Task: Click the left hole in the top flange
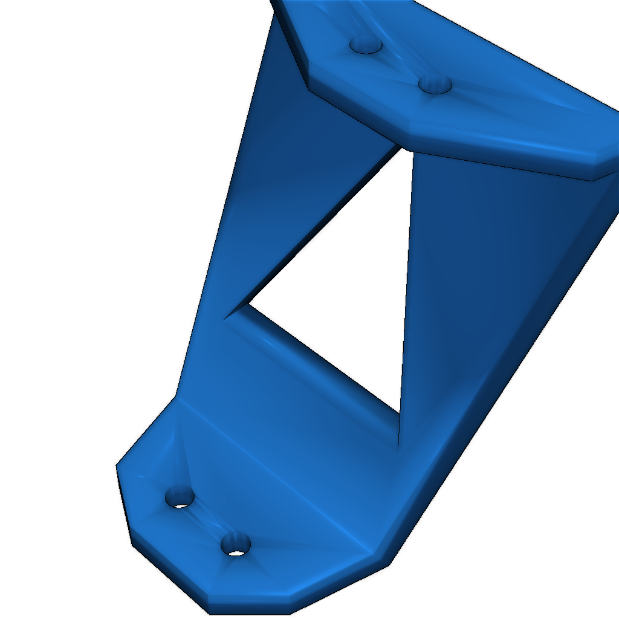[366, 45]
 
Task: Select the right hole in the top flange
[435, 83]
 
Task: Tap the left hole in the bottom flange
[180, 497]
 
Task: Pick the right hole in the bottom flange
[235, 545]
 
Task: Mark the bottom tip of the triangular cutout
[398, 450]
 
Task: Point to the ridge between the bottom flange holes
[207, 521]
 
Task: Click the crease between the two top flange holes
[400, 64]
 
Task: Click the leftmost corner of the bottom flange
[117, 465]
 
